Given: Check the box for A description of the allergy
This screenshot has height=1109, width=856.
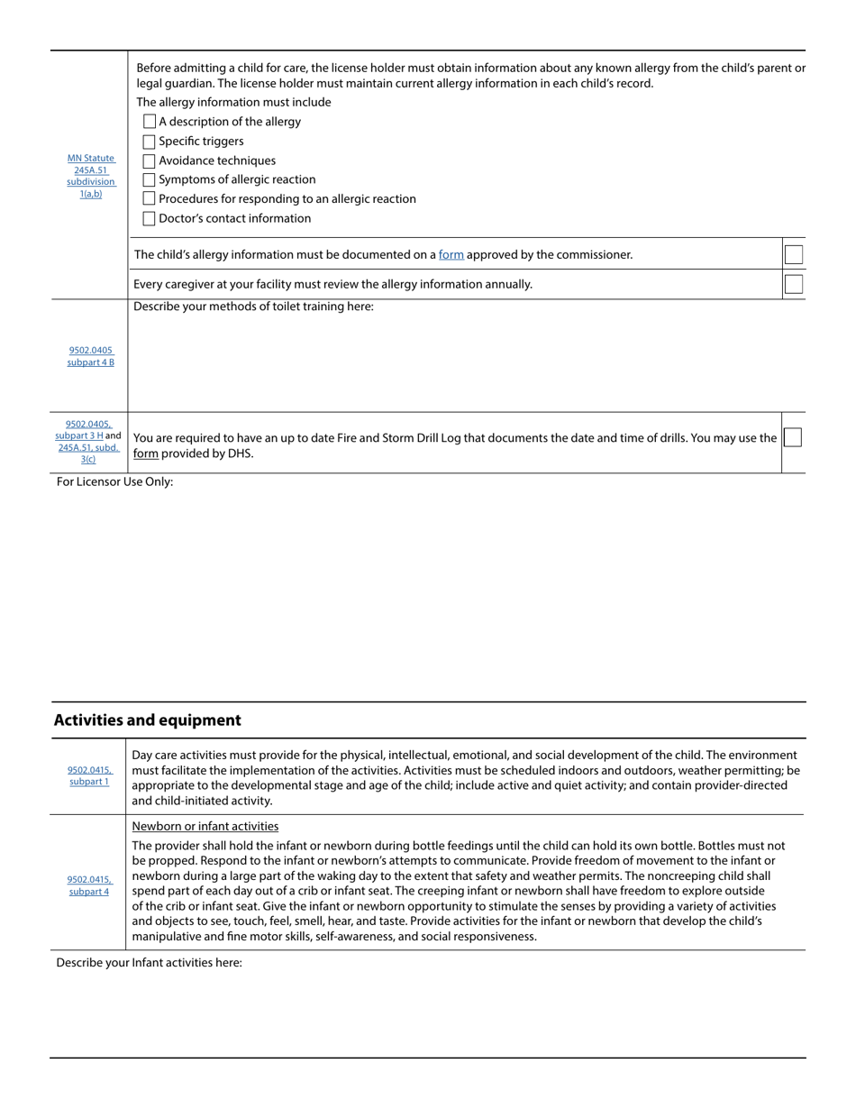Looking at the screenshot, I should [x=150, y=122].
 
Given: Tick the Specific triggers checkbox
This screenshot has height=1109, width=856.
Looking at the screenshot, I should [x=150, y=142].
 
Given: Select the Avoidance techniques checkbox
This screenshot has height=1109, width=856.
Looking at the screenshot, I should [x=150, y=160].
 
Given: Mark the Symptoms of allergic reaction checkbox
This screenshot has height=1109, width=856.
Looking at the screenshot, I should [x=150, y=179].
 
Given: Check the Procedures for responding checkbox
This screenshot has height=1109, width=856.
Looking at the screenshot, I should [x=150, y=198].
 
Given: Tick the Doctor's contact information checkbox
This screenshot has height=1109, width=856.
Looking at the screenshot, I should [x=150, y=218].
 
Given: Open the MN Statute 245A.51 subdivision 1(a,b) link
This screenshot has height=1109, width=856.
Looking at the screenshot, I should [x=91, y=176].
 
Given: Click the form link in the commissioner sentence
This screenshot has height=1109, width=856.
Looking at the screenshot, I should [x=451, y=255].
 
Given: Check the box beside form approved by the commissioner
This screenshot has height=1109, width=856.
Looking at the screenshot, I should [x=793, y=255].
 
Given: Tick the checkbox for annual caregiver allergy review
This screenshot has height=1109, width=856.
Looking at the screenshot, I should [x=793, y=284].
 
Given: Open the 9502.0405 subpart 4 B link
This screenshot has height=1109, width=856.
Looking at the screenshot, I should [x=91, y=356].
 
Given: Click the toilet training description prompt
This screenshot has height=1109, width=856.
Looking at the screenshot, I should [x=253, y=307].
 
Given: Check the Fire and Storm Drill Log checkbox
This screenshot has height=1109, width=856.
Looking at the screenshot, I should [x=792, y=437].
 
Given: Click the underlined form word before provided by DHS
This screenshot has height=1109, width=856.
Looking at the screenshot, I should [x=145, y=454].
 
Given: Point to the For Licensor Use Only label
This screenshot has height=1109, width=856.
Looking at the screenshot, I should [x=114, y=481].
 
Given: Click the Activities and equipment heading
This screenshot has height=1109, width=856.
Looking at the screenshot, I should [x=147, y=720].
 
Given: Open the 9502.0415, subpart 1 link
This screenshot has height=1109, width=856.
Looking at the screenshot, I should [x=89, y=776].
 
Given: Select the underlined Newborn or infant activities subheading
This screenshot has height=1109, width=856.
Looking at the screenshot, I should [x=205, y=826].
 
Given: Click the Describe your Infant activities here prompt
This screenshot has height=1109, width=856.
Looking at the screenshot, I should [x=149, y=963].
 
